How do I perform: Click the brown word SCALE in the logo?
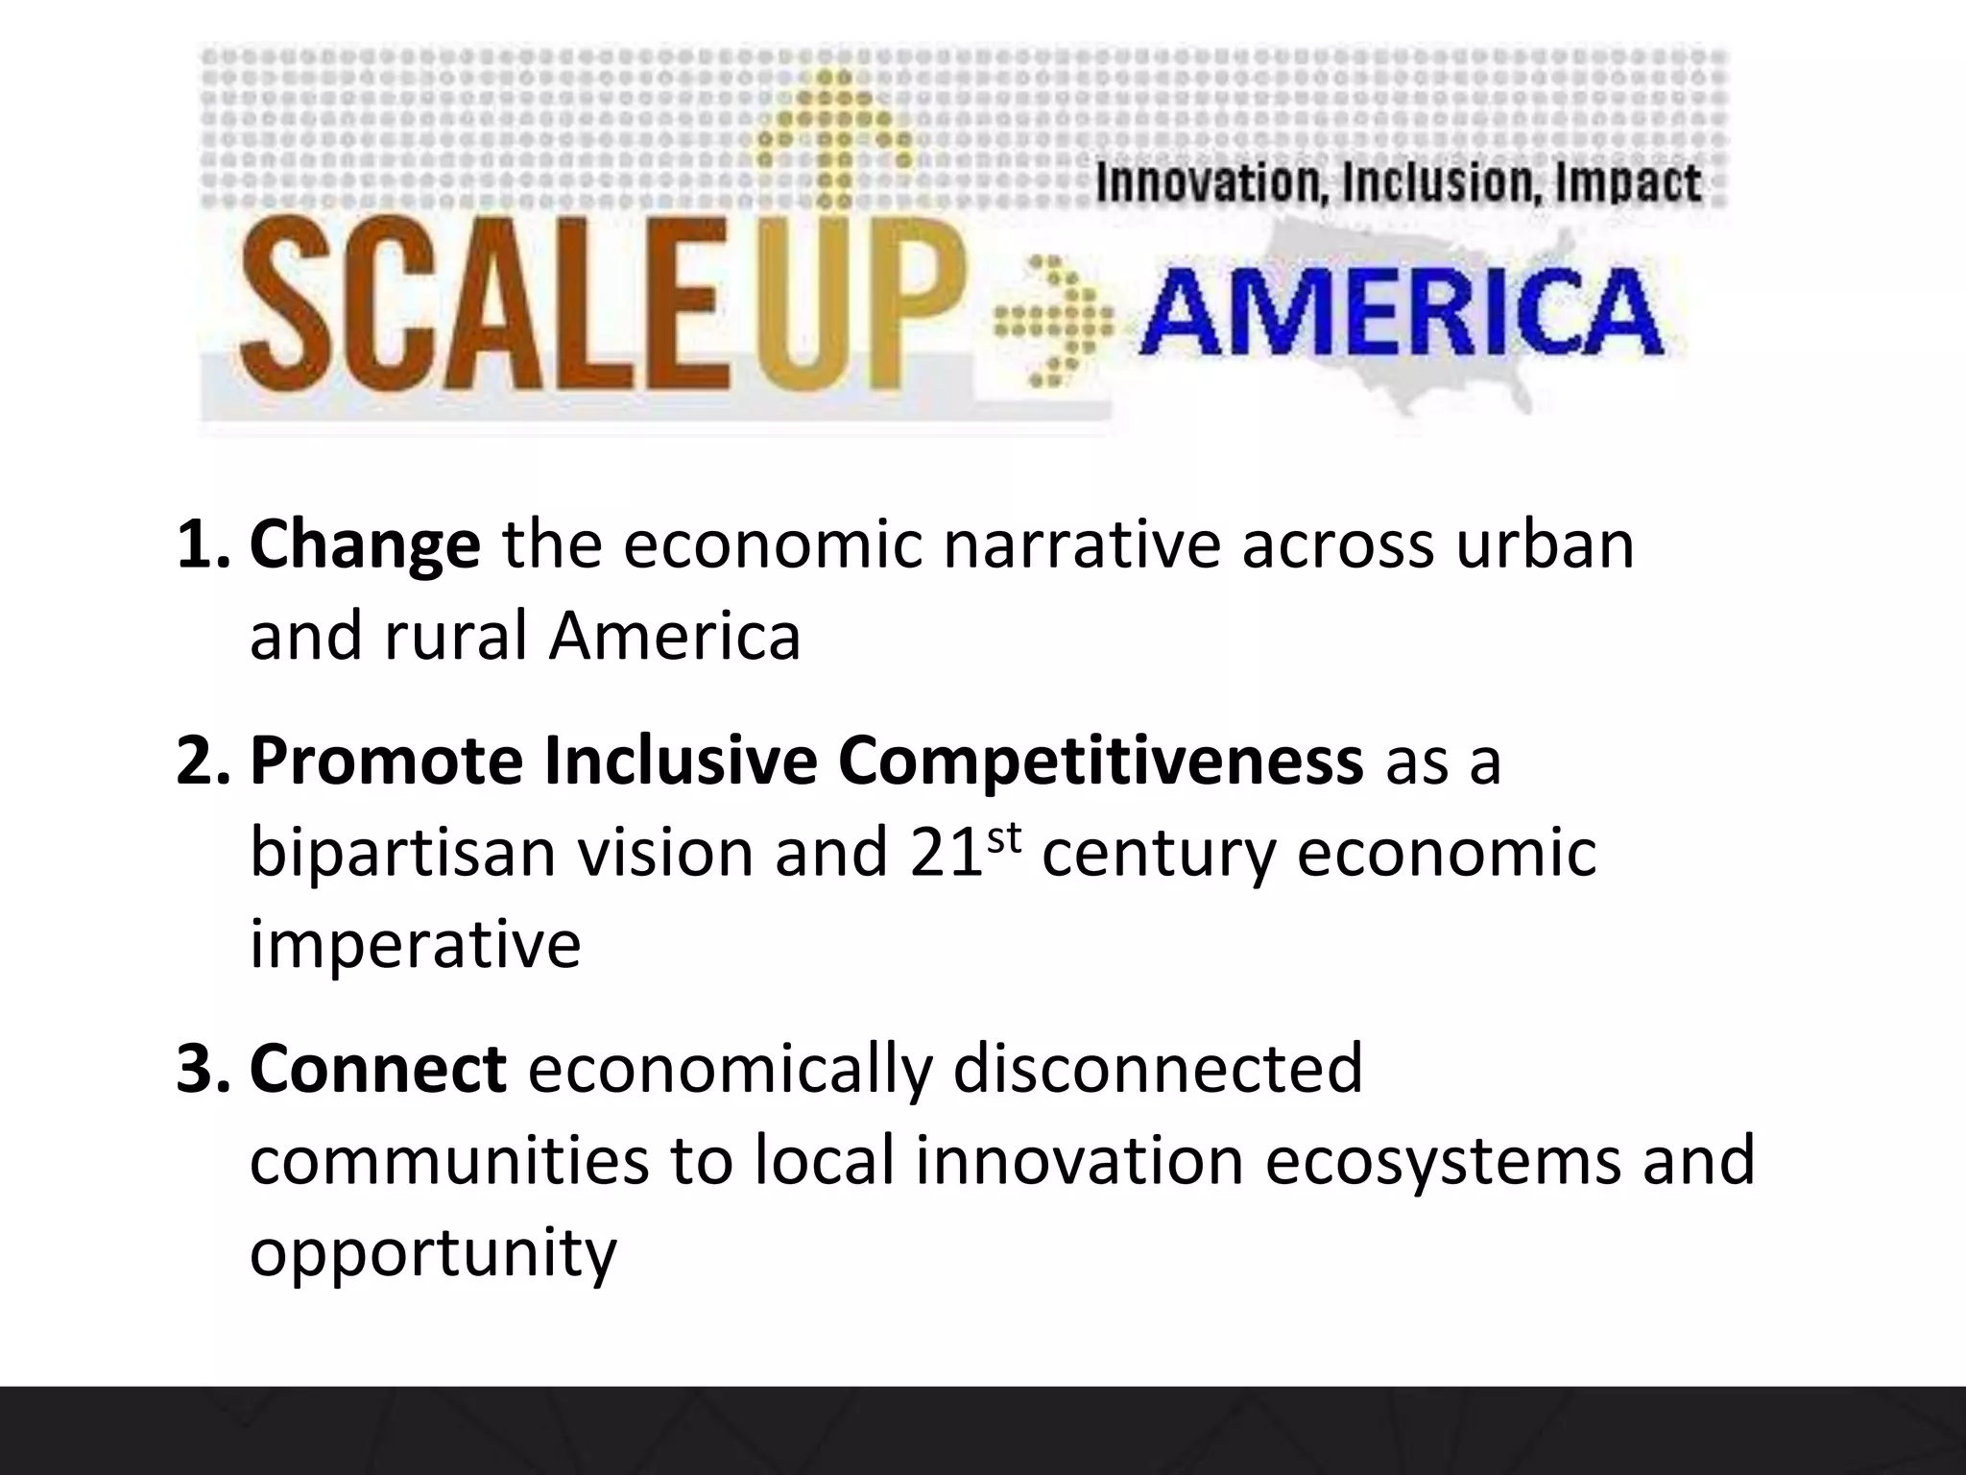480,305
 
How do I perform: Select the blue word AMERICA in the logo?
1401,313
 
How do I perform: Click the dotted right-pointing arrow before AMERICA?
1053,321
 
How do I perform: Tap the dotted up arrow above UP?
833,134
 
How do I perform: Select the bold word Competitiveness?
1099,761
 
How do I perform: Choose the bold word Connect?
378,1068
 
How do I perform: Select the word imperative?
415,945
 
